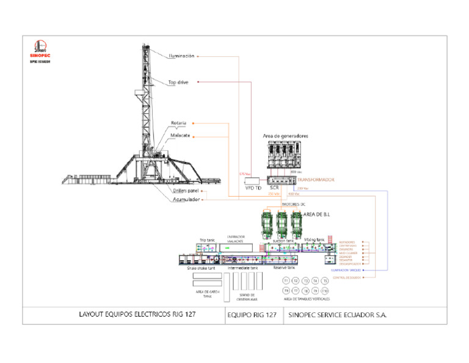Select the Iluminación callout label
(x=181, y=56)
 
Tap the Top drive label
(x=178, y=82)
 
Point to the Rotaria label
(x=178, y=123)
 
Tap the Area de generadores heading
(x=285, y=135)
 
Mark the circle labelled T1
(x=286, y=280)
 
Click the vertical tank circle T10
(x=325, y=291)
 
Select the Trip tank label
(x=207, y=240)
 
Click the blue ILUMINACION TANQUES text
(x=345, y=269)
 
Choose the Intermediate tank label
(x=242, y=268)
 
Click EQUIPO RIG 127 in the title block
(x=251, y=316)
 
